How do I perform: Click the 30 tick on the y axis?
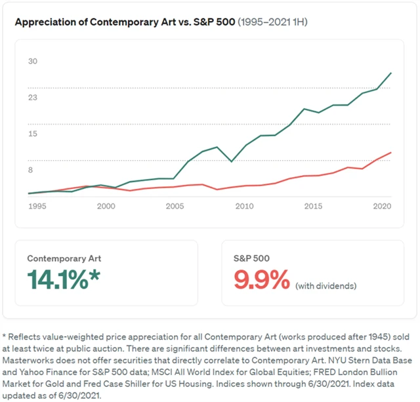point(32,62)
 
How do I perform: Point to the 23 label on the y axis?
point(32,98)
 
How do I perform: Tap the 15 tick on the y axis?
point(32,134)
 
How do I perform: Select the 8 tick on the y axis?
point(30,170)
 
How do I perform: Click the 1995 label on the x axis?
point(37,207)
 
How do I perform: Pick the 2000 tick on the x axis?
point(106,207)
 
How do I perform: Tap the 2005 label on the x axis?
point(174,207)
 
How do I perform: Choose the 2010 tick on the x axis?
point(243,207)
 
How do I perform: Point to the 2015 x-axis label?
point(312,207)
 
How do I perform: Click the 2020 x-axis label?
point(381,207)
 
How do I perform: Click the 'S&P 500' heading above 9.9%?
point(252,258)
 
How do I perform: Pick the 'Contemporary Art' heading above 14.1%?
point(64,258)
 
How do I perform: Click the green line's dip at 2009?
point(230,161)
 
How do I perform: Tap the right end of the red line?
point(392,152)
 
